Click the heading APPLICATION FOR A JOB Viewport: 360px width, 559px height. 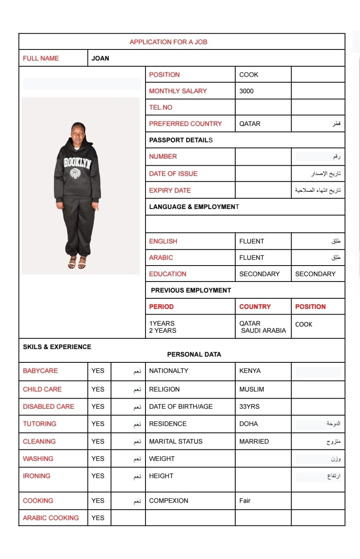coord(168,42)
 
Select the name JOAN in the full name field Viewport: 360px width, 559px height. coord(100,58)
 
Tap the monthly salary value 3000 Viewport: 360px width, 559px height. coord(246,91)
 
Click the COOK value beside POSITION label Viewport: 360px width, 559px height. coord(249,75)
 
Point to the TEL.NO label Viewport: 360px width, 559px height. coord(161,107)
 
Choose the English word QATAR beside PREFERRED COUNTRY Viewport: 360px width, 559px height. coord(250,124)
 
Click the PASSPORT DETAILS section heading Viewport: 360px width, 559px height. coord(180,140)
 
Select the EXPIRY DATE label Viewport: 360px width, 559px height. coord(170,190)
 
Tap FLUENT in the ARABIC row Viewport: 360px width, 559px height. coord(252,258)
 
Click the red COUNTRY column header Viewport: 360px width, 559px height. coord(255,307)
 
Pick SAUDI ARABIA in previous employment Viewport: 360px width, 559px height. coord(264,331)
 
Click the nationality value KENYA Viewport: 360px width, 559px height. coord(250,371)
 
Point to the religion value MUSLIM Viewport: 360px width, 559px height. coord(252,389)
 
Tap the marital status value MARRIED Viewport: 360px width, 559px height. coord(254,441)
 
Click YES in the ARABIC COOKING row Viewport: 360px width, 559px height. coord(98,518)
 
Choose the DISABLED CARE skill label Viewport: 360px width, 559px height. coord(49,407)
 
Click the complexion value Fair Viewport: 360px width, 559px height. coord(245,501)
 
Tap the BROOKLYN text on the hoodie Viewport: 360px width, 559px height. coord(77,163)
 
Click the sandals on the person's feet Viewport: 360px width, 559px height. coord(77,264)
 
